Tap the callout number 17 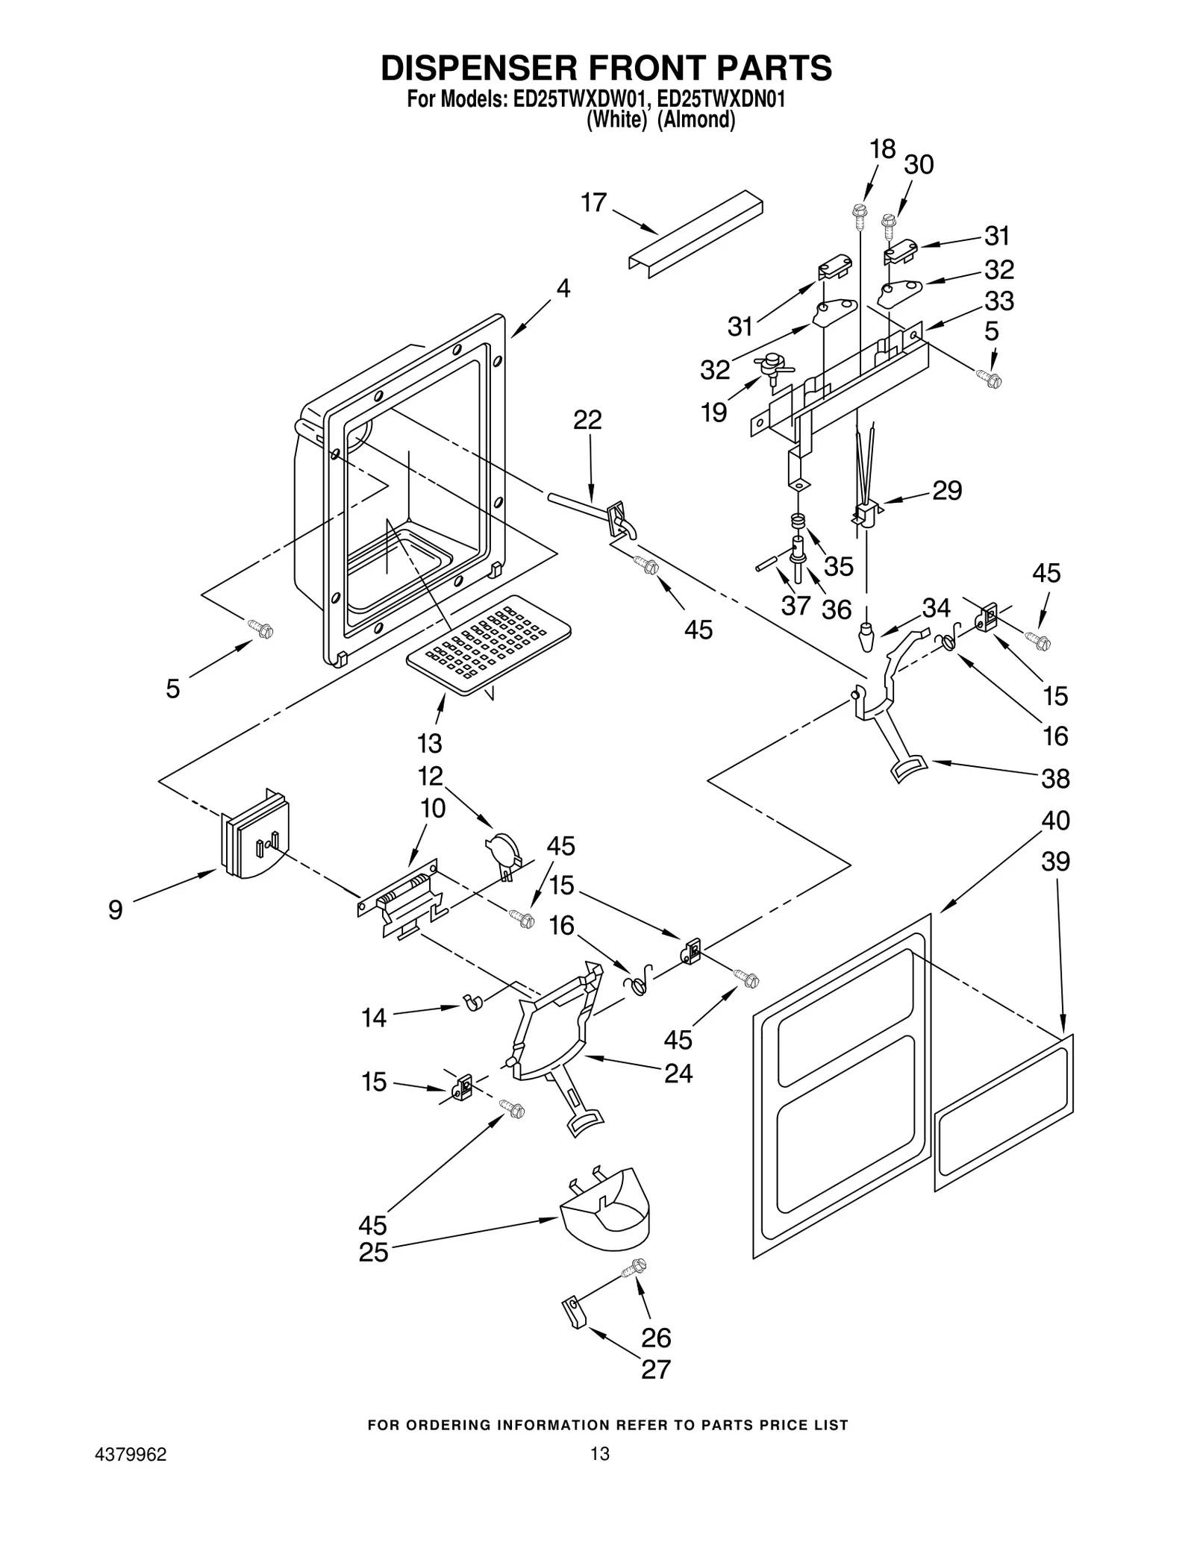594,202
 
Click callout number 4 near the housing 563,288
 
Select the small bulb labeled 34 866,638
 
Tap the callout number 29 947,490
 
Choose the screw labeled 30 888,222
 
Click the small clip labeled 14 472,1002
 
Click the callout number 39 1055,861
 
